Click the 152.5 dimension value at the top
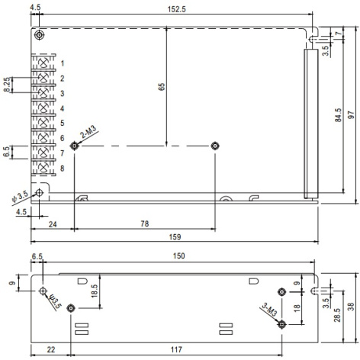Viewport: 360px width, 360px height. tap(176, 9)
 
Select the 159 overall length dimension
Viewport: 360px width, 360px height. tap(175, 237)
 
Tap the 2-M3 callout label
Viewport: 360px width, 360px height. tap(88, 132)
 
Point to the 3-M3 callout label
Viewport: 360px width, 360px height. tap(269, 309)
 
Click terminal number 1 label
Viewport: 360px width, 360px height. tap(63, 63)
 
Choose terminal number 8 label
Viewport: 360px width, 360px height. tap(63, 168)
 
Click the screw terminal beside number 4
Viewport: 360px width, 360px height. tap(43, 108)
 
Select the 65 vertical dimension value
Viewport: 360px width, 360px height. tap(162, 87)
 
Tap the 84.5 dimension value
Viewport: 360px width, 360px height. tap(338, 115)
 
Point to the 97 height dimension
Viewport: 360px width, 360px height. tap(351, 115)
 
